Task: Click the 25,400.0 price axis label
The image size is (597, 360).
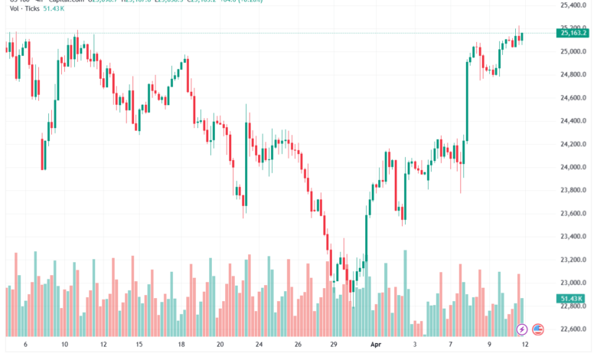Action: tap(572, 5)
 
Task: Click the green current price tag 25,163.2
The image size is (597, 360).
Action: tap(573, 32)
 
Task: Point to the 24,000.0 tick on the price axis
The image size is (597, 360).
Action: tap(572, 167)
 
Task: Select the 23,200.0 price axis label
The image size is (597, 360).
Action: tap(572, 237)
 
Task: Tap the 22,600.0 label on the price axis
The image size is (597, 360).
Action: tap(572, 330)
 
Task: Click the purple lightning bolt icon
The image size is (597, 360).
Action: tap(522, 329)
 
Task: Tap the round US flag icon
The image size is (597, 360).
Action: tap(538, 329)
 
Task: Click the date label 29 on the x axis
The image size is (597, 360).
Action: tap(334, 345)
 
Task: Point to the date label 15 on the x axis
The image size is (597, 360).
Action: tap(141, 345)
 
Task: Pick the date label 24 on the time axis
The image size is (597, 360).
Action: tap(259, 345)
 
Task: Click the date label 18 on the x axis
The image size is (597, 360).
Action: tap(181, 345)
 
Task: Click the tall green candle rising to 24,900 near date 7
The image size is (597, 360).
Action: tap(467, 100)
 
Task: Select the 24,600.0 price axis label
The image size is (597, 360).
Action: tap(572, 98)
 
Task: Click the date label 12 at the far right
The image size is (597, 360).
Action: tap(523, 345)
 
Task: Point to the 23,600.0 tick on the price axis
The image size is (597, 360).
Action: tap(572, 214)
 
